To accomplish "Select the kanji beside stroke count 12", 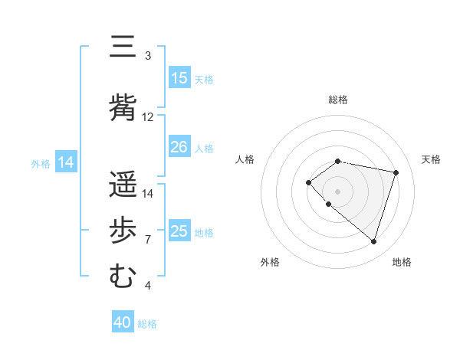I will (x=123, y=107).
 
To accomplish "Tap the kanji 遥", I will (x=123, y=185).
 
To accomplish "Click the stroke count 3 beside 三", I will (x=148, y=56).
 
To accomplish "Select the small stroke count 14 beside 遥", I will (x=148, y=194).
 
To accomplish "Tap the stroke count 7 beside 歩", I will (x=148, y=240).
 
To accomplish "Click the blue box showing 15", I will (x=179, y=78).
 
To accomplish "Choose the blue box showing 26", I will (x=179, y=147).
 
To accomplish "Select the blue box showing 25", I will (x=179, y=231).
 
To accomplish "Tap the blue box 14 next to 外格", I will (x=66, y=162).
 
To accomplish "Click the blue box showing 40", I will (x=123, y=323).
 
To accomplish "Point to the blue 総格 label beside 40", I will (x=147, y=324).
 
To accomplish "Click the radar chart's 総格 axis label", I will (x=338, y=100).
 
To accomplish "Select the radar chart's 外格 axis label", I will (x=270, y=262).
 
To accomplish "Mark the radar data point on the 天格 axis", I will (x=396, y=172).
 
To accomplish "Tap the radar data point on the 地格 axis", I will (x=373, y=241).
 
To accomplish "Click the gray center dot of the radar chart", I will (x=338, y=191).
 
